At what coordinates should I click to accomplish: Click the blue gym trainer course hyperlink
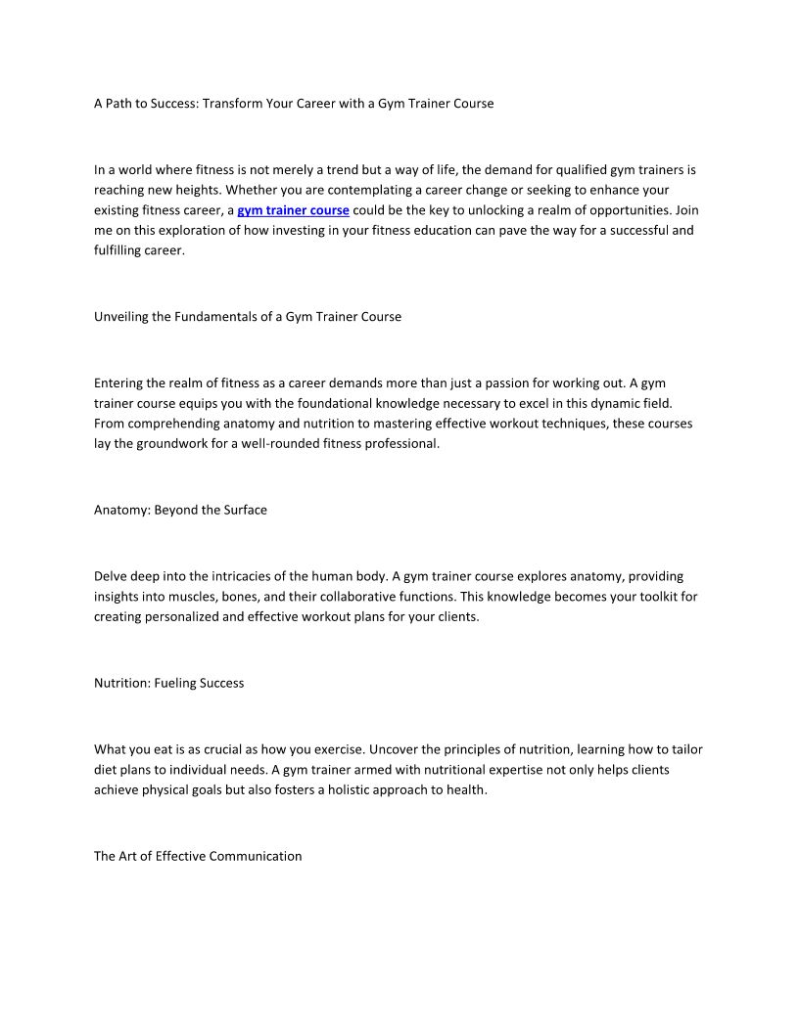pos(293,210)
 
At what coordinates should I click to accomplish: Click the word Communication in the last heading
pos(258,856)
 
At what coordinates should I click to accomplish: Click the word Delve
pos(111,576)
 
